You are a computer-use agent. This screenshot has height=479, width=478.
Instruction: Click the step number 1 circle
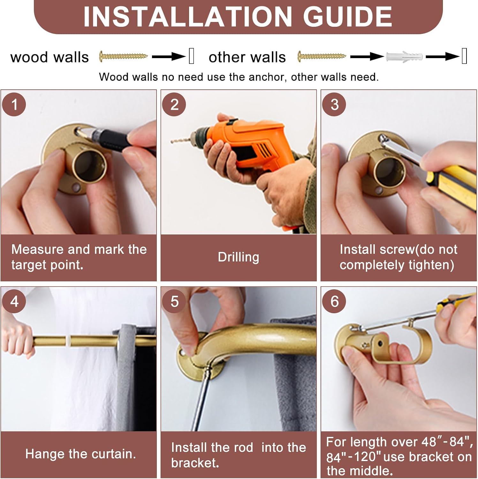point(14,104)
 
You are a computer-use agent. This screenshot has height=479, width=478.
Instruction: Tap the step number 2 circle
point(174,104)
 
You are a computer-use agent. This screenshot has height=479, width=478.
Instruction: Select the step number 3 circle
point(334,104)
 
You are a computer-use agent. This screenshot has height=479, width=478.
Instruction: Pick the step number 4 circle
point(14,301)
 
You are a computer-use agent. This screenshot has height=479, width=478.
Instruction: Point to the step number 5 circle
point(174,301)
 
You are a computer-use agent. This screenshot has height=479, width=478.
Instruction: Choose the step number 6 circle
point(334,301)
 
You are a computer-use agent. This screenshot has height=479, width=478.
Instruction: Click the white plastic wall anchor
point(404,57)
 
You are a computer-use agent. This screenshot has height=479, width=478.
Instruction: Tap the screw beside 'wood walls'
point(123,56)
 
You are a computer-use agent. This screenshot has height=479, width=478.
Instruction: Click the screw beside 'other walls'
point(322,56)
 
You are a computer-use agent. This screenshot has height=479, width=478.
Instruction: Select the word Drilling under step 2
point(238,257)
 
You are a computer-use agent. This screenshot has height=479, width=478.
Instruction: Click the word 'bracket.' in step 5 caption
point(195,463)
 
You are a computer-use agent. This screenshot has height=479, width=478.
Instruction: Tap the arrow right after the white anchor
point(443,57)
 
